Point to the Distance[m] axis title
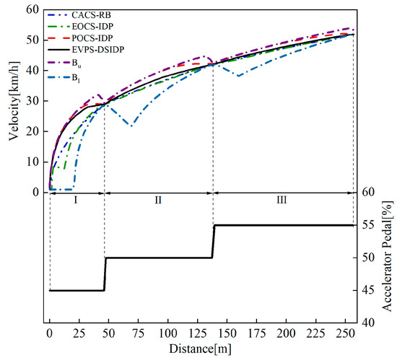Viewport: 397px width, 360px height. pos(200,350)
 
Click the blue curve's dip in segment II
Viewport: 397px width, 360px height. pos(130,126)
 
